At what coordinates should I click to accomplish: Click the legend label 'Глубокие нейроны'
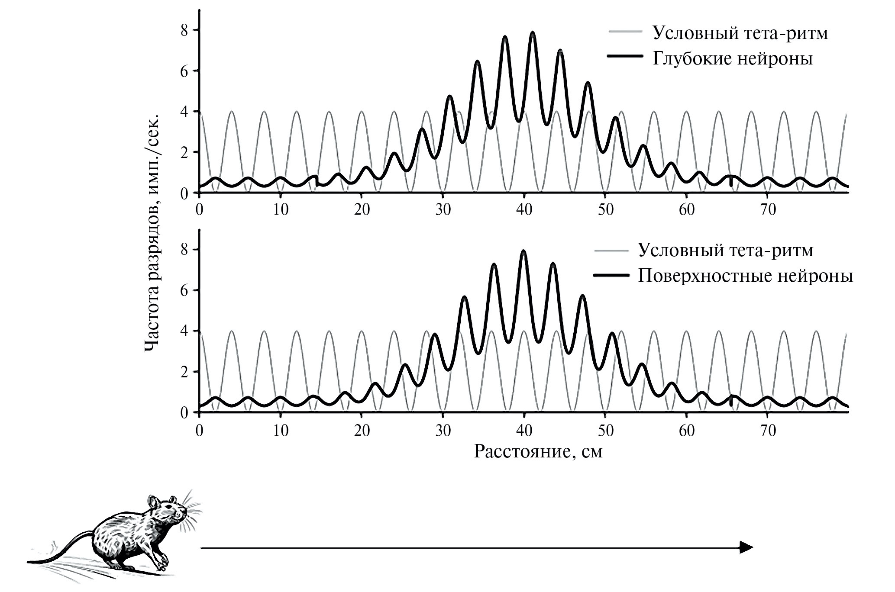click(x=733, y=59)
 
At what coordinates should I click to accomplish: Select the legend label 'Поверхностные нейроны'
click(x=745, y=276)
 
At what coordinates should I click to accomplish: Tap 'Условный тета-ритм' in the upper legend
click(x=740, y=33)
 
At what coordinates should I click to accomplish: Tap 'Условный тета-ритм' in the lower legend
click(x=726, y=250)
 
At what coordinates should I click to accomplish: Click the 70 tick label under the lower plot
click(x=767, y=431)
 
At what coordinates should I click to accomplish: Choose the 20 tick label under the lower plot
click(x=362, y=431)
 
